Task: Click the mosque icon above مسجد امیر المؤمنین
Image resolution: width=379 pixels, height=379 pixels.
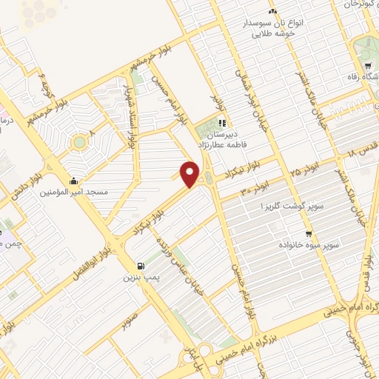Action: click(x=74, y=181)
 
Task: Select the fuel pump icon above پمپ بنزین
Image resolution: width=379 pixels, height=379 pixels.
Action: click(x=139, y=266)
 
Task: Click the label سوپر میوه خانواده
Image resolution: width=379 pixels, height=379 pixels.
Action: click(x=309, y=243)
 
